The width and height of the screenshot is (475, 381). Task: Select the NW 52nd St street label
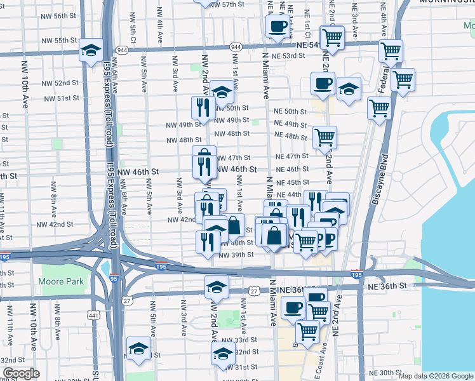tap(61, 83)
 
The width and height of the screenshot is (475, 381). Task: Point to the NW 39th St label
tap(236, 255)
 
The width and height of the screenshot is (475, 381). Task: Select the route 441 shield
tap(94, 316)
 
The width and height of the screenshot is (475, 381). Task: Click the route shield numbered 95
tap(114, 278)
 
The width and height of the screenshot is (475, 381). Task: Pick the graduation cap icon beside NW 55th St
tap(91, 50)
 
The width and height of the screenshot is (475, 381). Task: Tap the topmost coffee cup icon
tap(278, 27)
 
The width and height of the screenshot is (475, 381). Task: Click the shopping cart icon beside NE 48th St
tap(324, 137)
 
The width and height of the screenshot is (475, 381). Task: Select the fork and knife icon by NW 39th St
tap(208, 243)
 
